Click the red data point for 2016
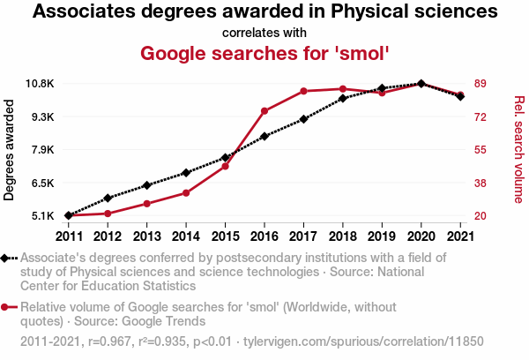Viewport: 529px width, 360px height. tap(264, 110)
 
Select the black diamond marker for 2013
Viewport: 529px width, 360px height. tap(146, 185)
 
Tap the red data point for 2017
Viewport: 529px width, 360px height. tap(303, 91)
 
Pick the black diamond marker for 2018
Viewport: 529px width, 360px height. tap(342, 98)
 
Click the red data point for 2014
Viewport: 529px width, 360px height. tap(186, 192)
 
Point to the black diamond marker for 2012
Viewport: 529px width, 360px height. tap(108, 198)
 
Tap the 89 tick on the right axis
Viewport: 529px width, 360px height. tap(481, 84)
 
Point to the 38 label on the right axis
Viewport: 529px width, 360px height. tap(481, 183)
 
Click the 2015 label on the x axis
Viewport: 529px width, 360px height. tap(225, 236)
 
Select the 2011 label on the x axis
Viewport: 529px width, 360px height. tap(69, 236)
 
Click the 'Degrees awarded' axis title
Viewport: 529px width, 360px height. tap(10, 150)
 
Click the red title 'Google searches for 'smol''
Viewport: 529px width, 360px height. tap(264, 53)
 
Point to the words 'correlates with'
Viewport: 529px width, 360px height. tap(264, 33)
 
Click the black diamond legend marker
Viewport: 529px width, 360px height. tap(6, 259)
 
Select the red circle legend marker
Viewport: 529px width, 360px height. tap(6, 307)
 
